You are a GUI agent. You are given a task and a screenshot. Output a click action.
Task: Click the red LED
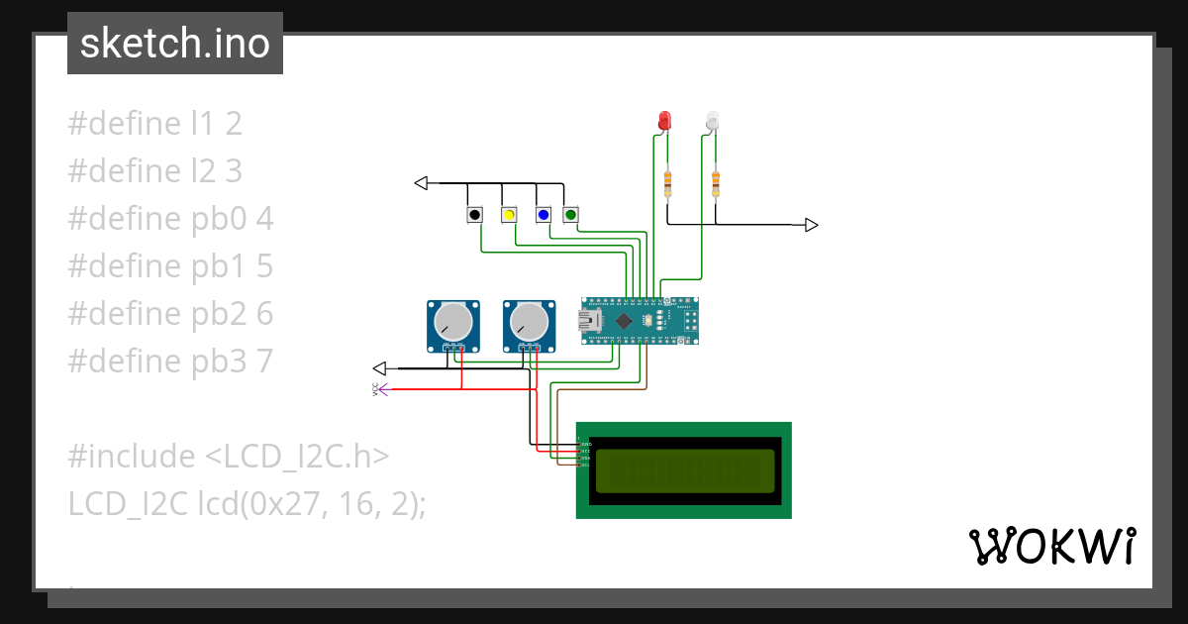[664, 121]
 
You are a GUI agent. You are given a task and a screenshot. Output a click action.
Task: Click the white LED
[712, 121]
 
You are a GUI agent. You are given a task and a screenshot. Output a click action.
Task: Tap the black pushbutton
[475, 215]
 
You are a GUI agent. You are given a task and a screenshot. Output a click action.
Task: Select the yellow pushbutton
[509, 215]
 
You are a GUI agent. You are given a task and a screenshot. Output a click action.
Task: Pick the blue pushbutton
[543, 215]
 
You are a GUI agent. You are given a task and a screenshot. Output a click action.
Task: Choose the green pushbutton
[570, 215]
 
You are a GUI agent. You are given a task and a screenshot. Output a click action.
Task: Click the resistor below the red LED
[668, 182]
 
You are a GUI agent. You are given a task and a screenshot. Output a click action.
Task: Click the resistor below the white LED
[716, 182]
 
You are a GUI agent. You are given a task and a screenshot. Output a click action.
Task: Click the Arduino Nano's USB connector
[592, 320]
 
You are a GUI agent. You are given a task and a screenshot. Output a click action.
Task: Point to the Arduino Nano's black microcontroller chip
[625, 321]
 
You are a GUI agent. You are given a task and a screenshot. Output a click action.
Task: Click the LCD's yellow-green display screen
[684, 470]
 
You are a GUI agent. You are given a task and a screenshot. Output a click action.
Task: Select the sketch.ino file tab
[175, 44]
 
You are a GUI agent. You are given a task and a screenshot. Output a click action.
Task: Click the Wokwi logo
[1051, 546]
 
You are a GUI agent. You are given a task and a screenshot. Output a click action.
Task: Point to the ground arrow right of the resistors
[811, 225]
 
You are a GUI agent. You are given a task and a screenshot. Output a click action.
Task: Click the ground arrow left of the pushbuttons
[421, 183]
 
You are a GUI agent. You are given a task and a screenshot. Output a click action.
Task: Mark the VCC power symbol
[381, 389]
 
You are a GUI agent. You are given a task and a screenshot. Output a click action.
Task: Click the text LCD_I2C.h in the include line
[297, 457]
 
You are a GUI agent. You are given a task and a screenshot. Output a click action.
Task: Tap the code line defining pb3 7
[169, 362]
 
